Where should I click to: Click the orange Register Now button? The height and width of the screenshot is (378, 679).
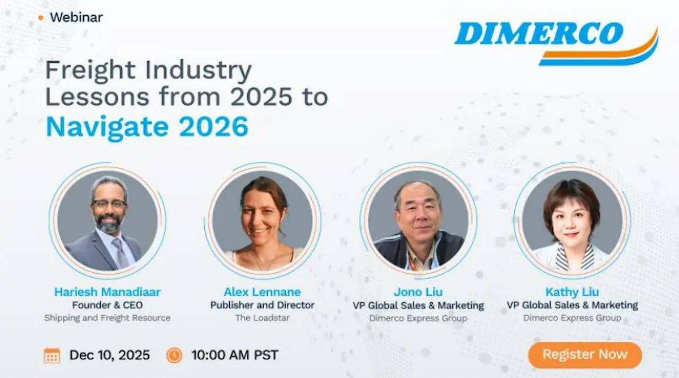(x=585, y=355)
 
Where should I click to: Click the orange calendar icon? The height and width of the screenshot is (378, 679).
(x=52, y=355)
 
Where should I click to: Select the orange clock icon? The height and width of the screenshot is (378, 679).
(x=174, y=355)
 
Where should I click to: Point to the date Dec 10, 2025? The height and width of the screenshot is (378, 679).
(x=109, y=355)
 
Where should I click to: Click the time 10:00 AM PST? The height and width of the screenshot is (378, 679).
(x=235, y=355)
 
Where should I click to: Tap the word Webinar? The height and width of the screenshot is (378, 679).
(x=76, y=18)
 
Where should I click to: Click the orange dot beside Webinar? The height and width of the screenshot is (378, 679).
(x=41, y=18)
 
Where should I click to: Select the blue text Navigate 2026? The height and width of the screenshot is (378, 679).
(x=147, y=127)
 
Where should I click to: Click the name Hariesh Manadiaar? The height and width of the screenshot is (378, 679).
(x=108, y=292)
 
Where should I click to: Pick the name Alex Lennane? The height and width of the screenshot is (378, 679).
(x=262, y=292)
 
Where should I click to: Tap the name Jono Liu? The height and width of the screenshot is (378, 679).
(x=418, y=292)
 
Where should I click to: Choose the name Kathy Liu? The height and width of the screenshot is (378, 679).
(x=572, y=292)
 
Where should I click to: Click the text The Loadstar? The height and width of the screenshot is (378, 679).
(x=262, y=317)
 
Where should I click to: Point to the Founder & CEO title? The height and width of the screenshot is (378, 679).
(x=108, y=305)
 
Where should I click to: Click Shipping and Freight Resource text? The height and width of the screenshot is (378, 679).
(x=108, y=318)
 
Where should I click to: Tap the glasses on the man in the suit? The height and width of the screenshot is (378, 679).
(x=109, y=204)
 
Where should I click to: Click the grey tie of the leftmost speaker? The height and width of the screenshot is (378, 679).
(x=119, y=252)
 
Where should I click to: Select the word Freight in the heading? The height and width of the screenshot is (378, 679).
(x=91, y=71)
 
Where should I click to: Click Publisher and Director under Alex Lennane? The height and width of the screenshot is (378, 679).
(x=262, y=305)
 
